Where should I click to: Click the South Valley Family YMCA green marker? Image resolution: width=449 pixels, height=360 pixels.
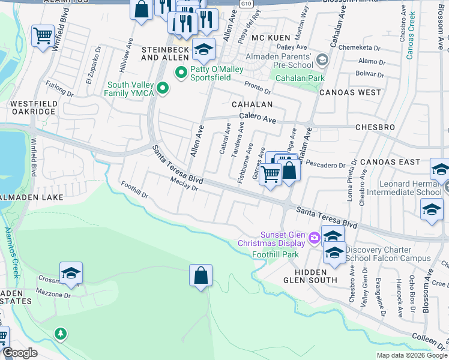(161, 89)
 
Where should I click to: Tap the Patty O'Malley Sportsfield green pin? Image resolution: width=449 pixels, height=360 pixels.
(179, 73)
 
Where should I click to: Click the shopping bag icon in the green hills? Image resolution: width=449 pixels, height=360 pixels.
(201, 275)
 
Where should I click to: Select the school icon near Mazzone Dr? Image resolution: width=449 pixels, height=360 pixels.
(71, 273)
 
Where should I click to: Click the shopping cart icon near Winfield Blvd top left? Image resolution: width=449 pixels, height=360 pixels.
(43, 35)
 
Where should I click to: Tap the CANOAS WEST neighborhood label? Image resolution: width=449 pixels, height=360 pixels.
(350, 92)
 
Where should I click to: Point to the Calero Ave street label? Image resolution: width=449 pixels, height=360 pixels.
(257, 118)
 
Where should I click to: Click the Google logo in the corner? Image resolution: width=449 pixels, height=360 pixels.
(20, 353)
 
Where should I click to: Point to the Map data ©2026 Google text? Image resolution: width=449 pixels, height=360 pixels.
(411, 355)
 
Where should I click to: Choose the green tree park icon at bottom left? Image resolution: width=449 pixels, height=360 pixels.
(60, 332)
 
